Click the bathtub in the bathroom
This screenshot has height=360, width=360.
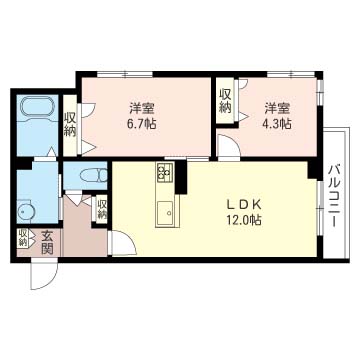pyautogui.click(x=38, y=107)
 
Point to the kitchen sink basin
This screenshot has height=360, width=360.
pyautogui.click(x=165, y=212)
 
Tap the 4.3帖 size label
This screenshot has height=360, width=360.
pyautogui.click(x=278, y=124)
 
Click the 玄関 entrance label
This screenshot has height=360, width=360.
pyautogui.click(x=46, y=242)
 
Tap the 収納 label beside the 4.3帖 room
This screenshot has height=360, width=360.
pyautogui.click(x=226, y=101)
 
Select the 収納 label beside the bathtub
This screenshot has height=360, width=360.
pyautogui.click(x=70, y=124)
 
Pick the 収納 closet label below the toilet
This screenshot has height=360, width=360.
pyautogui.click(x=102, y=208)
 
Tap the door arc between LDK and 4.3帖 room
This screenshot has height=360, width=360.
pyautogui.click(x=229, y=150)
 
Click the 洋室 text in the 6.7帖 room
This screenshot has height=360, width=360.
pyautogui.click(x=141, y=107)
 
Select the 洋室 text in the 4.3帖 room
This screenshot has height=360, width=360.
pyautogui.click(x=278, y=107)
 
